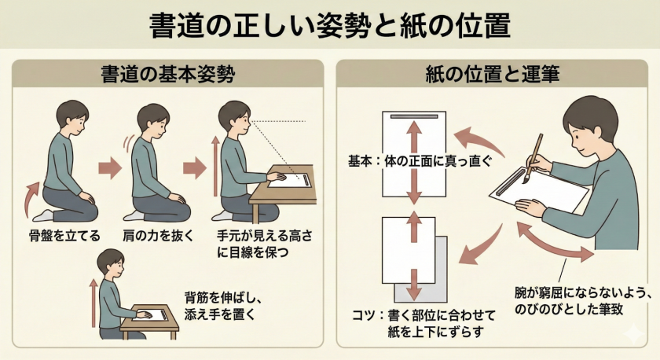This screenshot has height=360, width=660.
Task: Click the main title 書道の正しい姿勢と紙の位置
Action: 330,25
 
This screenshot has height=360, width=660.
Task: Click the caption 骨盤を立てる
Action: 60,235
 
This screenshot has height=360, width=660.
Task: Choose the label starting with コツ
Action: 418,323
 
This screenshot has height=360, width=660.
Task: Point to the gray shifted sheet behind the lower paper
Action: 440,275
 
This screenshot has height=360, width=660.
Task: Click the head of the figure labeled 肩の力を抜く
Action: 152,121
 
